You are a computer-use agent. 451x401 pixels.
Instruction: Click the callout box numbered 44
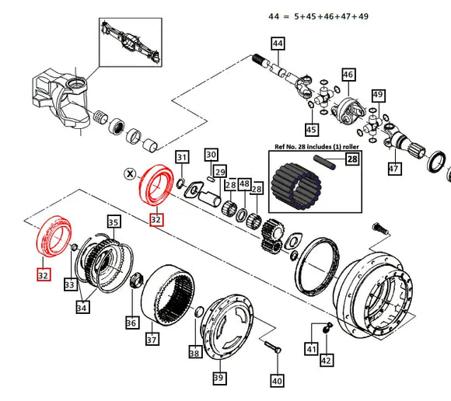pyautogui.click(x=278, y=45)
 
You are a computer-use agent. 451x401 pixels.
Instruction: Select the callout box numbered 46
pyautogui.click(x=348, y=75)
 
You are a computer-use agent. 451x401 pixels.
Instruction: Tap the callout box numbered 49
pyautogui.click(x=379, y=96)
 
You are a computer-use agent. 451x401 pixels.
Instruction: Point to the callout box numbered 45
pyautogui.click(x=311, y=129)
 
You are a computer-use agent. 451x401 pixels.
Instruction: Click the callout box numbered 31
pyautogui.click(x=182, y=158)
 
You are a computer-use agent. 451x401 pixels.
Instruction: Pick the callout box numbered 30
pyautogui.click(x=211, y=155)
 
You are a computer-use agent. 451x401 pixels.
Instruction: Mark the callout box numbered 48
pyautogui.click(x=244, y=184)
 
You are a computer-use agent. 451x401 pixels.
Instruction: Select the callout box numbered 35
pyautogui.click(x=114, y=223)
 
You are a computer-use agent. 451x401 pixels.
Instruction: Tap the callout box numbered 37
pyautogui.click(x=152, y=339)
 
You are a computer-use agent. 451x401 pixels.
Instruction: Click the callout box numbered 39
pyautogui.click(x=219, y=378)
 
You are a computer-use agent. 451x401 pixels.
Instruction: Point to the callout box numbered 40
pyautogui.click(x=277, y=381)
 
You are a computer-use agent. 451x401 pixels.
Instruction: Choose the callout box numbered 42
pyautogui.click(x=327, y=360)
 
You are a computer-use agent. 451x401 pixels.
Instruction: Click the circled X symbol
pyautogui.click(x=130, y=173)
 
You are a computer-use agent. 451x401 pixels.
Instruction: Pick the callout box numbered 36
pyautogui.click(x=131, y=322)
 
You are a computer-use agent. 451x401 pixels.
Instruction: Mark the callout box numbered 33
pyautogui.click(x=70, y=285)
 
